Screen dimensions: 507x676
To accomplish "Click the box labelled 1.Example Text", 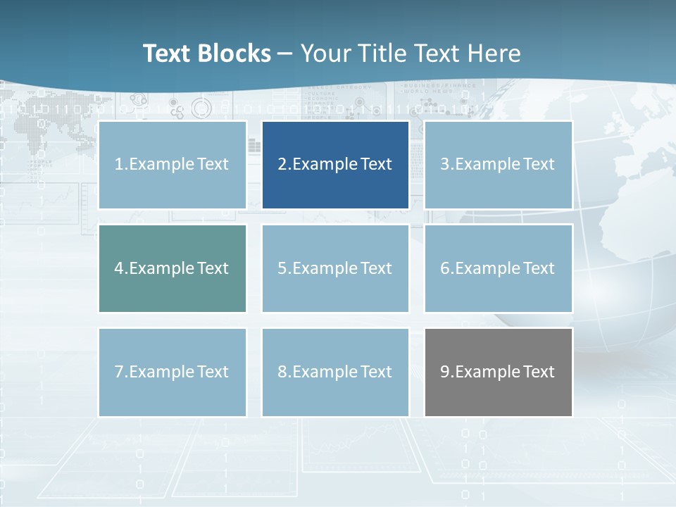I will (x=173, y=165).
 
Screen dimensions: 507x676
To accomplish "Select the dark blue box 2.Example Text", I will (x=335, y=165).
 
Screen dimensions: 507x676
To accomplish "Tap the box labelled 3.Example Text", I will (x=498, y=165).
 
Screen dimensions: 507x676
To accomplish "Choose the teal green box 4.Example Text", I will (x=173, y=268).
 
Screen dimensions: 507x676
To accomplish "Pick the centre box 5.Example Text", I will (x=335, y=268).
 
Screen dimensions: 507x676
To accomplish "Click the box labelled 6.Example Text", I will (x=498, y=268).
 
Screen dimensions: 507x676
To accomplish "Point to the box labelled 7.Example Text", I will (x=173, y=372).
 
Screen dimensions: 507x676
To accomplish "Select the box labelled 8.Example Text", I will (x=335, y=372).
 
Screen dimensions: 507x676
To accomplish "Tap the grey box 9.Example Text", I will (x=498, y=372).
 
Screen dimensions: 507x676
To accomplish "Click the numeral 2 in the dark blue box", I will (x=282, y=165).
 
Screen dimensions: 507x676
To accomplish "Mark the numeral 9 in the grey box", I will (x=445, y=372).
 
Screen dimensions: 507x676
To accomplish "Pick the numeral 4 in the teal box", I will (x=119, y=268).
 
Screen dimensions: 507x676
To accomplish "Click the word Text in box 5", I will (x=375, y=268).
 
